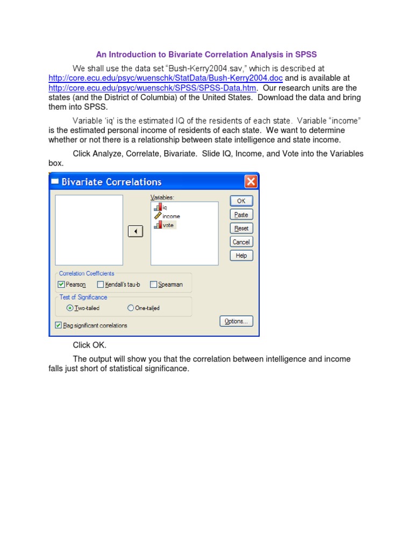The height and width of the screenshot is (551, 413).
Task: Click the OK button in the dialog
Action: coord(241,201)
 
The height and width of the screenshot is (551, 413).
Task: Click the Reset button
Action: coord(241,228)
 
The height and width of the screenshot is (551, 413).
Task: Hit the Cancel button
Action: coord(241,242)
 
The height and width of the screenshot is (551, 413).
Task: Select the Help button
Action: coord(241,256)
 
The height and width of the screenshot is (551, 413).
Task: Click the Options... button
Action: coord(236,321)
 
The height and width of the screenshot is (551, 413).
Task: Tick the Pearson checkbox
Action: coord(61,285)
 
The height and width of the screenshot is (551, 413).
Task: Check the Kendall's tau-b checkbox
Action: coord(101,285)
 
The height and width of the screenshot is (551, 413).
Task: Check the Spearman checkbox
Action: coord(153,285)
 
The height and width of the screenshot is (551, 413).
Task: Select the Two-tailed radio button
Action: coord(69,308)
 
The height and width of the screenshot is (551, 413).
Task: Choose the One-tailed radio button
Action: coord(131,308)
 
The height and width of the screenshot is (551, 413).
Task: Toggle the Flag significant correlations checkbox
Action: coord(58,325)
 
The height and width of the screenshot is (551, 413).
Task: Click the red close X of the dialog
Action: coord(251,182)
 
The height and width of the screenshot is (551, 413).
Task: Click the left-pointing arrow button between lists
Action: coord(136,231)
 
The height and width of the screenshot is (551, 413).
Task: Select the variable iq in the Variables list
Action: coord(165,208)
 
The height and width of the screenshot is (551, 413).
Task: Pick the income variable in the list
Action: coord(171,216)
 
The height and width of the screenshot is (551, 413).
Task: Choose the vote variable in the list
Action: coord(168,225)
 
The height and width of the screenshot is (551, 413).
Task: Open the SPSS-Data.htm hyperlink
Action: coord(152,88)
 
